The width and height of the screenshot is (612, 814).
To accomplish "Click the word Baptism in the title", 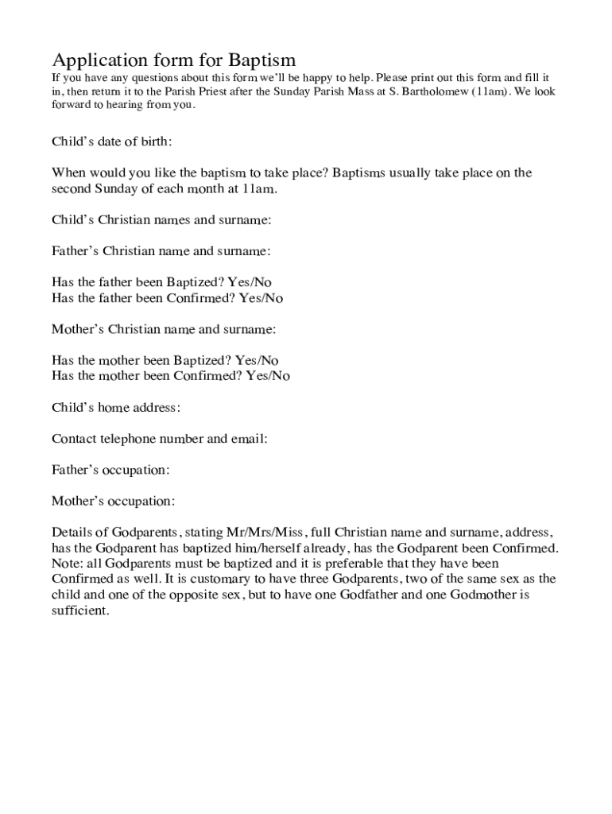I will point(261,60).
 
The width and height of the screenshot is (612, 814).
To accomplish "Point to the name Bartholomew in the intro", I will point(432,91).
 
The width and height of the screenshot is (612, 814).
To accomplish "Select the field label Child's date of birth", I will point(111,141).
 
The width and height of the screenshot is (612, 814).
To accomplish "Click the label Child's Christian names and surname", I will point(162,219).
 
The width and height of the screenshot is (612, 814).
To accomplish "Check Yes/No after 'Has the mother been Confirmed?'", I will point(268,376).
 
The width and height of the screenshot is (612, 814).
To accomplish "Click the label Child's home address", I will point(116,407).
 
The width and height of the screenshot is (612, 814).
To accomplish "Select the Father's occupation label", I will point(110,470).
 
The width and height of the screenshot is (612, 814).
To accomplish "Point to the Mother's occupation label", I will point(113,502).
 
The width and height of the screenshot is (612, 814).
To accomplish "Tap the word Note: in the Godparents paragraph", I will point(66,564).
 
